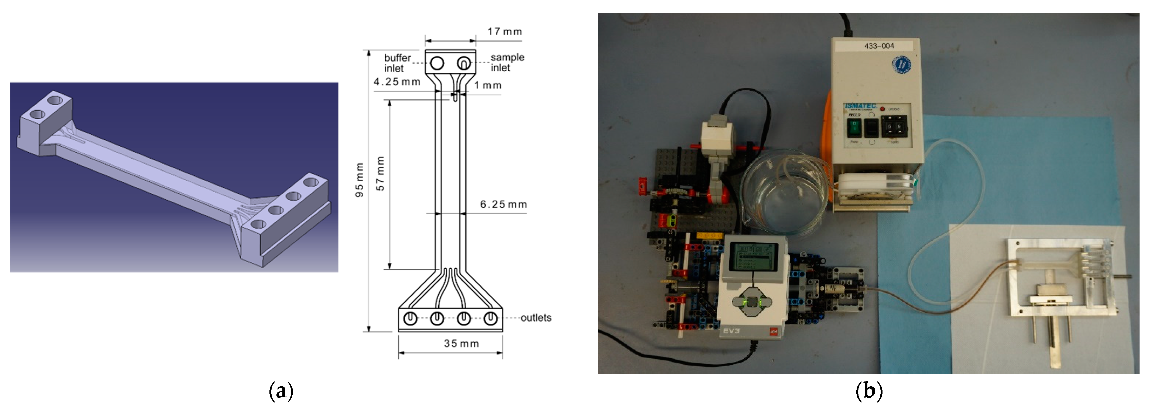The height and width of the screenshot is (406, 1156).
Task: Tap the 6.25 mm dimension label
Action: click(503, 204)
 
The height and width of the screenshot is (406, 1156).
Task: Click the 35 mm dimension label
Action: click(461, 344)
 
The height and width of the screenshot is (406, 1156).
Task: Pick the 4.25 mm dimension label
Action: click(397, 82)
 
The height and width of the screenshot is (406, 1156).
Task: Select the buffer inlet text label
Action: click(397, 63)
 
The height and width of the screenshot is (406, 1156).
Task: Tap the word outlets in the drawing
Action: click(536, 318)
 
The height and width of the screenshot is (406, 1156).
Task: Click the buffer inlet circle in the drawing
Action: click(437, 63)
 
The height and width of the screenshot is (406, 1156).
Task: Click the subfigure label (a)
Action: click(281, 391)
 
